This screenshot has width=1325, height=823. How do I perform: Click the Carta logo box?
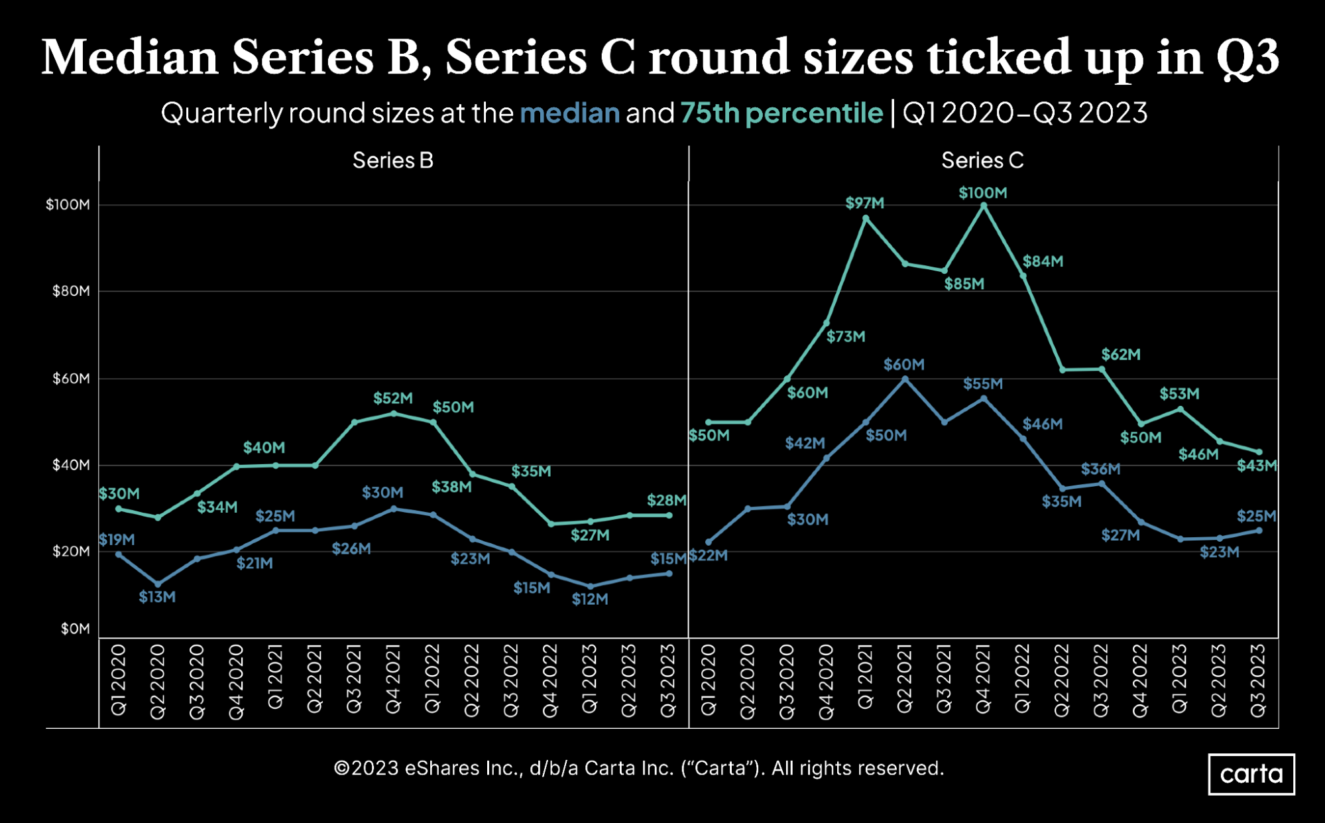click(x=1251, y=774)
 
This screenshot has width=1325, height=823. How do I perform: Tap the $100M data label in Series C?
click(x=982, y=193)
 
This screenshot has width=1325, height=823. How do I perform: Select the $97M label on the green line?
click(x=864, y=203)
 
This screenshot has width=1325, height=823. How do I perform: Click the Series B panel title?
click(x=392, y=160)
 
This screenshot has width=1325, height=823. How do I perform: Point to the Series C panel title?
click(x=982, y=160)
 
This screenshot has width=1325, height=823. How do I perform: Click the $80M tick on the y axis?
click(x=71, y=291)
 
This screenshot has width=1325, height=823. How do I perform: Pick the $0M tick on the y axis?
click(x=75, y=629)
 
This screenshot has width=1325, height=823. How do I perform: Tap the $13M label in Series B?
click(x=157, y=597)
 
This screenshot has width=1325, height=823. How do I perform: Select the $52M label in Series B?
click(x=392, y=398)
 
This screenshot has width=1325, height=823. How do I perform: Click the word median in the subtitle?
click(x=569, y=113)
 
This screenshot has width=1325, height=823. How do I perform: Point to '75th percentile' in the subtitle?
click(x=781, y=113)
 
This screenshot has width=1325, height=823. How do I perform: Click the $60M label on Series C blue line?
click(x=903, y=365)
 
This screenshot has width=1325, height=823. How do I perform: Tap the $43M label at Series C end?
click(x=1256, y=466)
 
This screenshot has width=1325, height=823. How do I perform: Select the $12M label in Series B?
click(x=589, y=600)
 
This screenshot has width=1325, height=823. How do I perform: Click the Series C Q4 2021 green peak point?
click(x=983, y=206)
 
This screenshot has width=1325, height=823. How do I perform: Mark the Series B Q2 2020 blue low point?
click(x=158, y=584)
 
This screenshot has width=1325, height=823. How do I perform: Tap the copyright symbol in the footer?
click(x=341, y=769)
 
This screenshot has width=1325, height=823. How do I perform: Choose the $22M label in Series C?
click(x=709, y=555)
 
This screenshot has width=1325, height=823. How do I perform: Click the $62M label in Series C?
click(x=1120, y=355)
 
